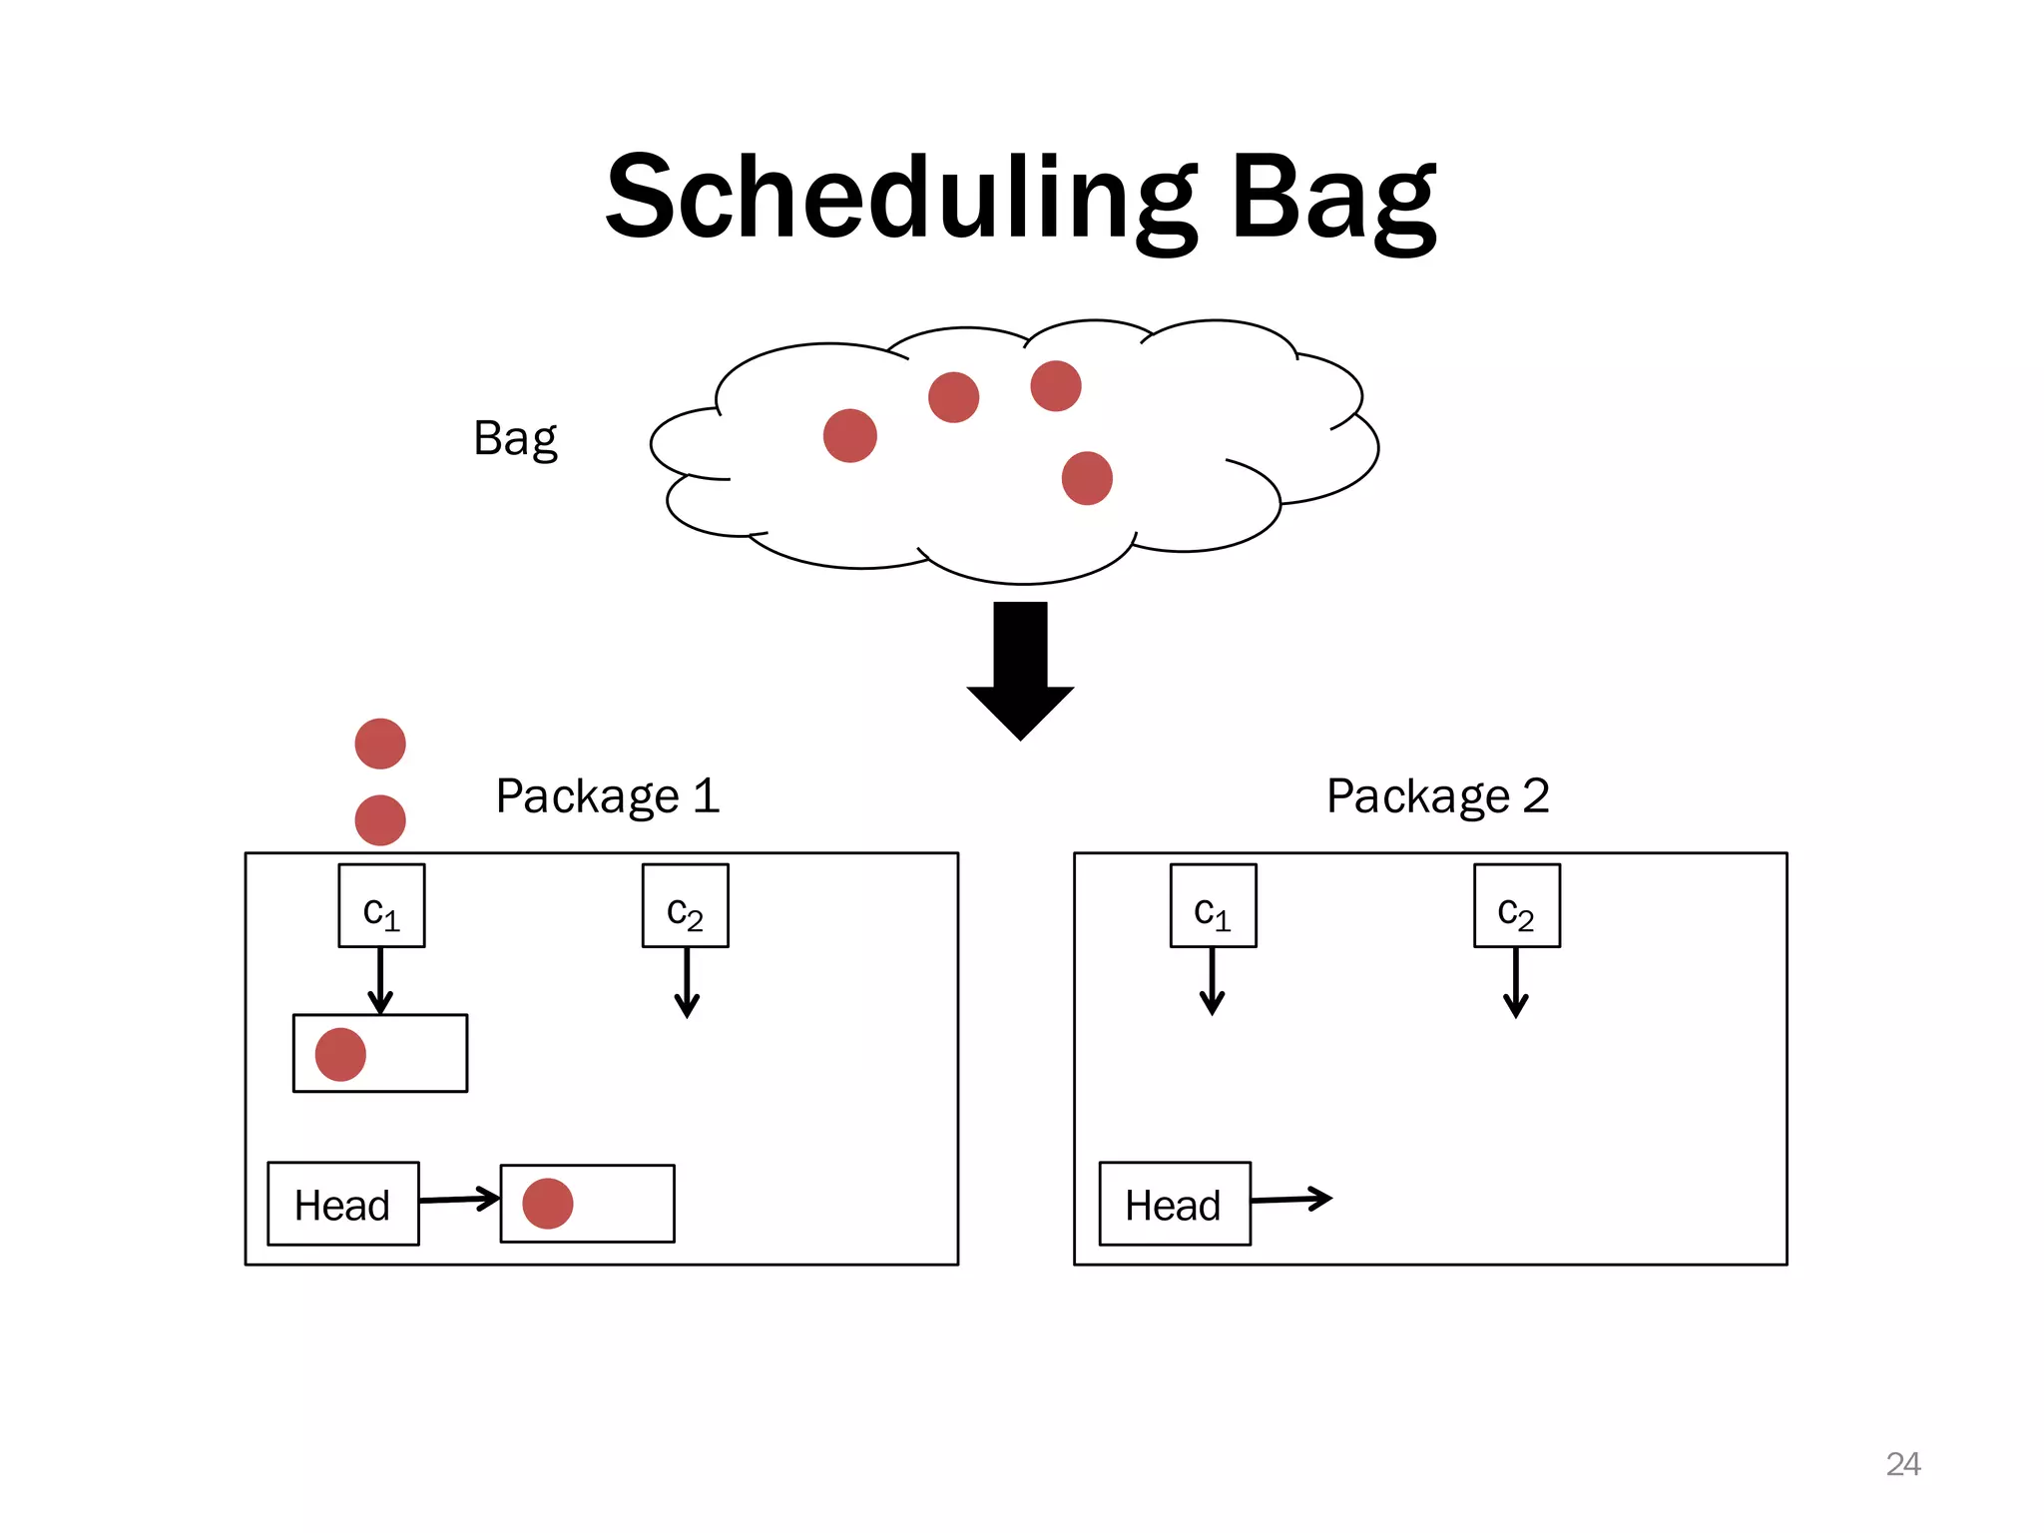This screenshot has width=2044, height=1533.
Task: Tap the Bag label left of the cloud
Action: [515, 438]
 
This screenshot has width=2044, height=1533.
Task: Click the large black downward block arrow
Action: [1020, 669]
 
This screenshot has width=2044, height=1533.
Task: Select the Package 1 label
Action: [607, 796]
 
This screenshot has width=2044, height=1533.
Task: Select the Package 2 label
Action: [1437, 796]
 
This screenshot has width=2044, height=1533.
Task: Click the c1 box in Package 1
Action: [381, 906]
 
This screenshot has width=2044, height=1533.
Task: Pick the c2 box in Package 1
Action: [685, 906]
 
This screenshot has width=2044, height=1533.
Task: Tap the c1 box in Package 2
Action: [1213, 906]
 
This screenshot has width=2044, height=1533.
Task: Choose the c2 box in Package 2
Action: [1516, 906]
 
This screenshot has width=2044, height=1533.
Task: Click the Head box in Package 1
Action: [343, 1204]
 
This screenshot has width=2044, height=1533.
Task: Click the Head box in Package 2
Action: [1175, 1204]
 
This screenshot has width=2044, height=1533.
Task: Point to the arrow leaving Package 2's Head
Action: [1291, 1199]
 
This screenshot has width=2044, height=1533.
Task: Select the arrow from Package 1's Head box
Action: [459, 1199]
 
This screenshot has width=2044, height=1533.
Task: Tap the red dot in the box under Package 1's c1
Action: [340, 1054]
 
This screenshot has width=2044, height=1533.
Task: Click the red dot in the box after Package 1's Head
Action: [548, 1203]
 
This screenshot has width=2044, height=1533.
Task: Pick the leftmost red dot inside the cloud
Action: [850, 436]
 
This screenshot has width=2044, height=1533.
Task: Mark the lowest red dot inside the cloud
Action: [1087, 478]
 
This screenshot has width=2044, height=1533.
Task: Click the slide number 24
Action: [1902, 1464]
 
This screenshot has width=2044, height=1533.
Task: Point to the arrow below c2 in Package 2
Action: [1516, 982]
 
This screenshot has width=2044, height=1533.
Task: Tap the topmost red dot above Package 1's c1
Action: [380, 744]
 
